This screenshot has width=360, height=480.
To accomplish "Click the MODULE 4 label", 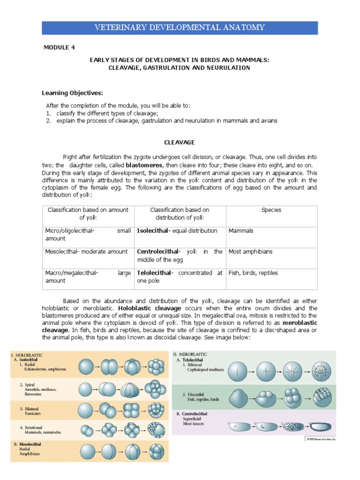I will coord(59,47).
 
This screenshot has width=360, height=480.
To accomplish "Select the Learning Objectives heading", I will coord(72,93).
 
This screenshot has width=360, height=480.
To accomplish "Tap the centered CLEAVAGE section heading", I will coord(179,142).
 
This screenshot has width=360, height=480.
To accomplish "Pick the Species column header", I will coord(271,210).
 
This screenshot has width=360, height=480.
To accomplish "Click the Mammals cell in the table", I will coord(240,231).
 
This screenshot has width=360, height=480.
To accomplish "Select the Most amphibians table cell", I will coord(250,252).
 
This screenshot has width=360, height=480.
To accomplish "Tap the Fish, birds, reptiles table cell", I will coord(253,273).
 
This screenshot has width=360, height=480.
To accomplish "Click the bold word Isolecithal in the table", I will coord(152,231).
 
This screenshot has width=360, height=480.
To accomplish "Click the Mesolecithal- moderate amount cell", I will coord(86,252).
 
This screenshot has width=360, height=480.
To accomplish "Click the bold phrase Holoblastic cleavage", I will coord(143,308).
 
